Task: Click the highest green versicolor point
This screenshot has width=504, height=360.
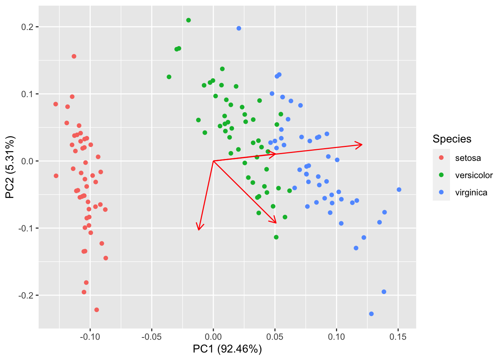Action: (x=188, y=20)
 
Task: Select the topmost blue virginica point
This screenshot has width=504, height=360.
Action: (x=239, y=28)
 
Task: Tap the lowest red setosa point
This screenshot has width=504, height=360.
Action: (x=97, y=310)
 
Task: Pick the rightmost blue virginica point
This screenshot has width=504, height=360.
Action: (x=399, y=190)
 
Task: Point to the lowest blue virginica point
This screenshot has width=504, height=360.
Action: (x=371, y=314)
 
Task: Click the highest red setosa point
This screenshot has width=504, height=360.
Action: (x=74, y=56)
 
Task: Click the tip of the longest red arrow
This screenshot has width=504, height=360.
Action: (x=362, y=144)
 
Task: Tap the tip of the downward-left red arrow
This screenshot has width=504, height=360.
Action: (x=199, y=230)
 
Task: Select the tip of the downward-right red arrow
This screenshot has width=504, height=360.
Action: (x=276, y=223)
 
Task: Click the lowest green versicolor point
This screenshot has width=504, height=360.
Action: (x=276, y=237)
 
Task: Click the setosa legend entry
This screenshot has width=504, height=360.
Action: (x=468, y=158)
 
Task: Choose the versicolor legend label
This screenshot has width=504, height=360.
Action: (x=474, y=175)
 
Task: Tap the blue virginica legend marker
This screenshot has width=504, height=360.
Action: (x=441, y=192)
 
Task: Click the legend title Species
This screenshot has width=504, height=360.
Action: (x=452, y=139)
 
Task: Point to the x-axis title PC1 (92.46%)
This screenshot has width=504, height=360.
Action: (x=227, y=349)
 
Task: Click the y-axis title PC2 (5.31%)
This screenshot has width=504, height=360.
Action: (x=10, y=167)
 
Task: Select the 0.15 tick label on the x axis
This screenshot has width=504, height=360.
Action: (x=398, y=337)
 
